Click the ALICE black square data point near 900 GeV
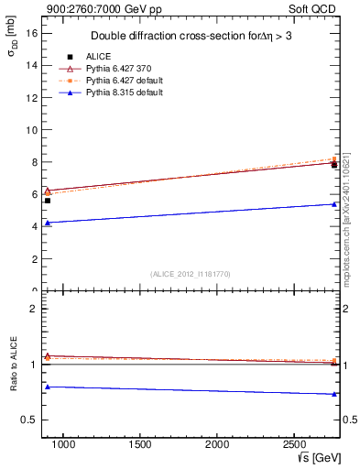[48, 201]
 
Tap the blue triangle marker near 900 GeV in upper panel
[48, 223]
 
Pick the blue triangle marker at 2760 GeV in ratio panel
[334, 394]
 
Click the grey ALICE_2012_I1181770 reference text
[191, 274]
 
